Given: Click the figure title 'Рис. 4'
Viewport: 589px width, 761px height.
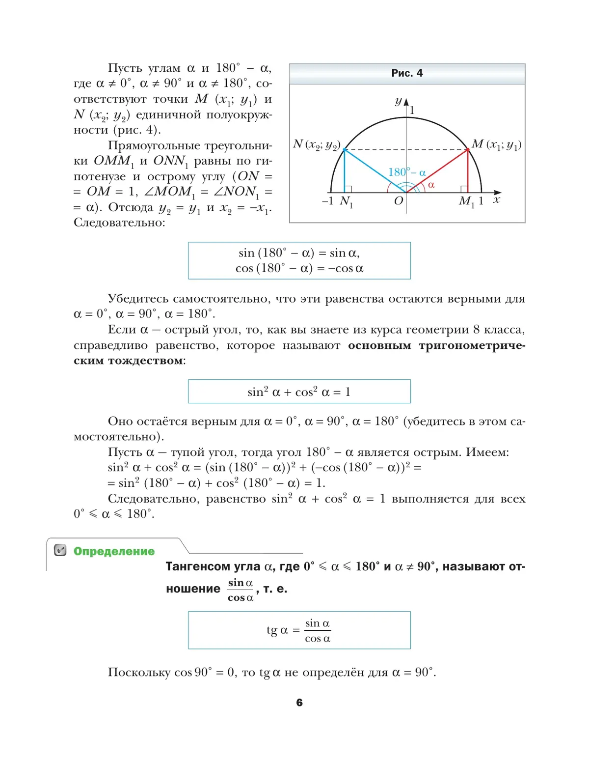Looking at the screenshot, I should point(407,73).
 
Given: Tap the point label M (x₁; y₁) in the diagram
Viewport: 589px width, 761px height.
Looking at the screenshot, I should point(496,144).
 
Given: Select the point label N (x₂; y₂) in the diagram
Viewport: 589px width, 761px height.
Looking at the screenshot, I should point(317,144).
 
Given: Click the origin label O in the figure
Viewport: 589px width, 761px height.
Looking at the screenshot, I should point(398,200).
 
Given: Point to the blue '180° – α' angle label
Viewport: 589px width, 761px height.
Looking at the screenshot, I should point(407,172).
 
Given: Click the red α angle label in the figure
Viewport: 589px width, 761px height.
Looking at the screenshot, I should point(431,185).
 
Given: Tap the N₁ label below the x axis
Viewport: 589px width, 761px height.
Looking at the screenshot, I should point(346,201).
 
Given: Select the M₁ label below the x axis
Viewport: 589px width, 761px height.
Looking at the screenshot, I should point(466,201).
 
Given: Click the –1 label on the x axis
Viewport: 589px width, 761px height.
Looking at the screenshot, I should point(327,201).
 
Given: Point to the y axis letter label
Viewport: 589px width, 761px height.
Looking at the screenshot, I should point(399,101).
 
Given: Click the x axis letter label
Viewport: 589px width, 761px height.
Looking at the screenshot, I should point(497,199).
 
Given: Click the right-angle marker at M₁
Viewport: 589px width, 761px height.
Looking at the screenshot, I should point(464,189).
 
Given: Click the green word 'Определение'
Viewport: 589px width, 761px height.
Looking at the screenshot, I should point(114,551).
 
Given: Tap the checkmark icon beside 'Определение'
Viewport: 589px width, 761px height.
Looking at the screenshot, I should point(60,550).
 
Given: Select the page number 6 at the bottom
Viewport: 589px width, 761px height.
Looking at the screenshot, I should point(299,703).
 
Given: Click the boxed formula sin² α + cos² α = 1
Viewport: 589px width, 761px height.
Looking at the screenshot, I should point(299,392).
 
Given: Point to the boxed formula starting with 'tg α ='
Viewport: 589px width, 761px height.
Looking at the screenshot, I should point(299,630).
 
